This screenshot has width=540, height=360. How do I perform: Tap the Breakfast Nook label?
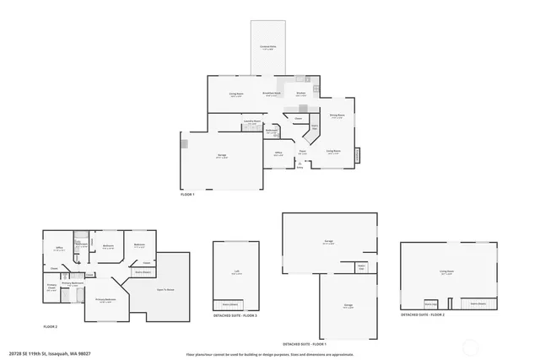coord(271,94)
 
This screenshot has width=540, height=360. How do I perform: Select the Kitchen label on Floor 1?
coord(300,94)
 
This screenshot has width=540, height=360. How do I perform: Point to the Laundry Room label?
coord(251,122)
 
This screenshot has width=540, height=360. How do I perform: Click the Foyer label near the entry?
coord(302,152)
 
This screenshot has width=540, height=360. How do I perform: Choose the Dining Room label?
coord(337,115)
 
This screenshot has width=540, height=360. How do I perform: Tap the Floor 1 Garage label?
coord(221,156)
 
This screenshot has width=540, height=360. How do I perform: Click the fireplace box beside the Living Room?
coord(357,155)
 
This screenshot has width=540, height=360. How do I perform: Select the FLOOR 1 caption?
coord(187,195)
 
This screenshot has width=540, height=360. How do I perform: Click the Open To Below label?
coord(165,289)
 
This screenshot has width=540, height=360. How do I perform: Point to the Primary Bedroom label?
coord(105,300)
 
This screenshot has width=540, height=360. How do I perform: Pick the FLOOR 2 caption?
coord(51,326)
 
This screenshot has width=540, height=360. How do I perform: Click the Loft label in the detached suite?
coord(236,271)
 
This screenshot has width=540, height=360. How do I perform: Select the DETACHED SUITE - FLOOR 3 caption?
coord(235,315)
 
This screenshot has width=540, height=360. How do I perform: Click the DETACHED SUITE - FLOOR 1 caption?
coord(304,345)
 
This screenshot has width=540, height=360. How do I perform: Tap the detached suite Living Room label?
coord(446,271)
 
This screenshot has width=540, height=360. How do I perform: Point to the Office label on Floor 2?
coord(59,249)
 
